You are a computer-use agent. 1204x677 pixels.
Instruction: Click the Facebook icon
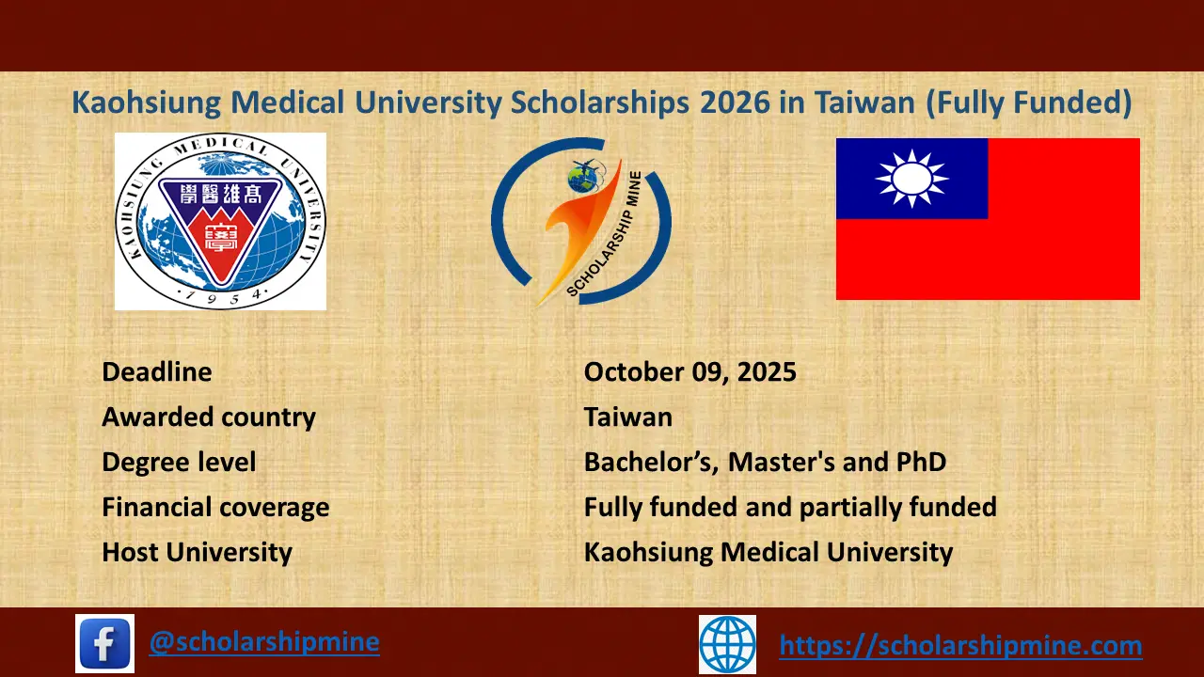(104, 643)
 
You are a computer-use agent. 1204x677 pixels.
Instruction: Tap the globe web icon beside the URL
(727, 644)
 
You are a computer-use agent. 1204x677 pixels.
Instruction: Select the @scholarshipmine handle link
(264, 642)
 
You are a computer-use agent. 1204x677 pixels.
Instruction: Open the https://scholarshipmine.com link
(960, 646)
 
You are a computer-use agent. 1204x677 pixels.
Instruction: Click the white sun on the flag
(911, 178)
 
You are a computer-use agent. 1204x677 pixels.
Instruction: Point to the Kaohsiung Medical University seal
(220, 221)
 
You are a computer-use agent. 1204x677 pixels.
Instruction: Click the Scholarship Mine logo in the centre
(580, 222)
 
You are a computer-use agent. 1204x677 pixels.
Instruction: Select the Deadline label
(157, 372)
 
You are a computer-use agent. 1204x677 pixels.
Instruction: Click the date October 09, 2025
(689, 372)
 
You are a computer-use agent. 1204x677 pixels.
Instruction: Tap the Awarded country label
(209, 417)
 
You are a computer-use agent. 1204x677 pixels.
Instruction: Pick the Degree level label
(179, 463)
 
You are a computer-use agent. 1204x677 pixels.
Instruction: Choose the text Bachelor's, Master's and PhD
(765, 463)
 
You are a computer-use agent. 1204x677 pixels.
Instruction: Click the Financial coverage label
(215, 508)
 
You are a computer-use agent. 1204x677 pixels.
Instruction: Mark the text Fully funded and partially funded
(790, 508)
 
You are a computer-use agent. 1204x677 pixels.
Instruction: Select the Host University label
(197, 553)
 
